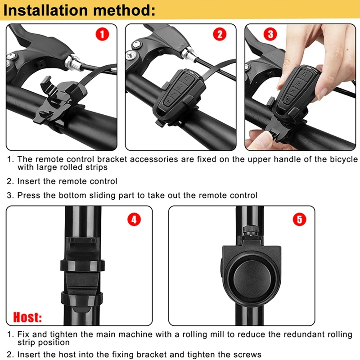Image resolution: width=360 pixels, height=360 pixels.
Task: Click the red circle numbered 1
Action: [x=102, y=35]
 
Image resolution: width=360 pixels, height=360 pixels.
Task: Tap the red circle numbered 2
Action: [x=220, y=35]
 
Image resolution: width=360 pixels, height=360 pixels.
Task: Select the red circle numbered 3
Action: [x=270, y=35]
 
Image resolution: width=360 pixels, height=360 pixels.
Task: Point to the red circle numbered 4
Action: [x=134, y=219]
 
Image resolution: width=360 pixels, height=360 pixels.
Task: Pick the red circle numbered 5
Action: [x=300, y=219]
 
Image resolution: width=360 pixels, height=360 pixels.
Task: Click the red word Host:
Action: [x=27, y=317]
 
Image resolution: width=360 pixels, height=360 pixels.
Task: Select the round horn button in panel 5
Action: [x=252, y=279]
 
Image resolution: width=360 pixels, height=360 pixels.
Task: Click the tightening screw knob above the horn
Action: [x=251, y=229]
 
